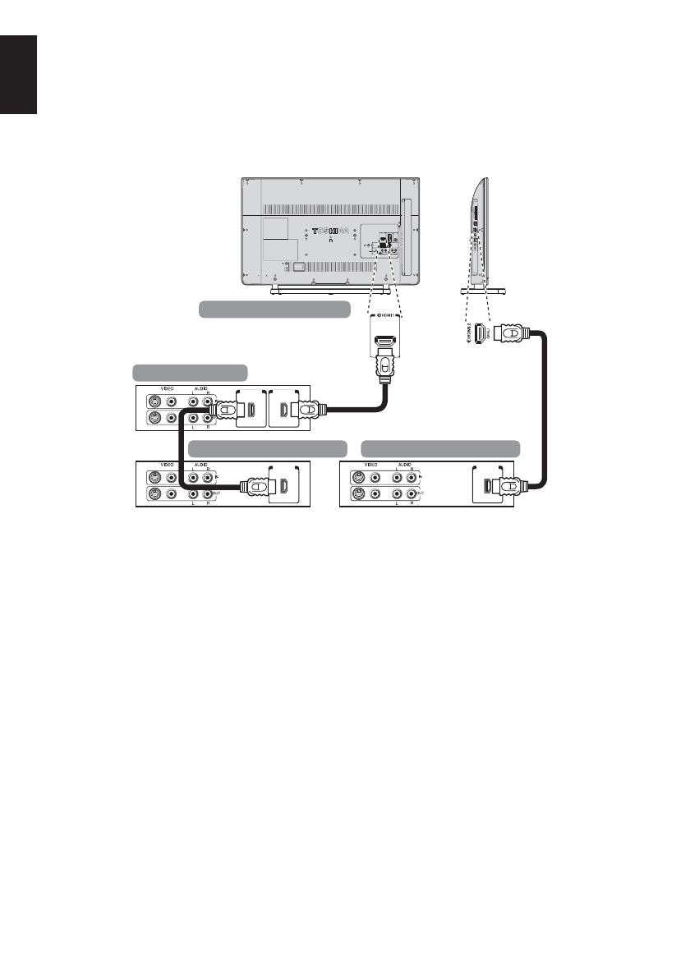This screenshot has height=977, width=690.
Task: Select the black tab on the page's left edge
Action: (19, 74)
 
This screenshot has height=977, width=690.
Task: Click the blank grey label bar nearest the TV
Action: (275, 309)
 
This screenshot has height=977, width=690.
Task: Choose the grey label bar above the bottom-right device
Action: (442, 447)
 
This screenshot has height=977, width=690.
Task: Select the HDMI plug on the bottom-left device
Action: (255, 487)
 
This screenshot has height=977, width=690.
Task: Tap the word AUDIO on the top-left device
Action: (200, 390)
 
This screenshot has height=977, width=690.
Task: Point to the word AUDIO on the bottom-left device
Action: (200, 465)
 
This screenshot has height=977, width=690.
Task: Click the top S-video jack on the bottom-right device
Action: (358, 478)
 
